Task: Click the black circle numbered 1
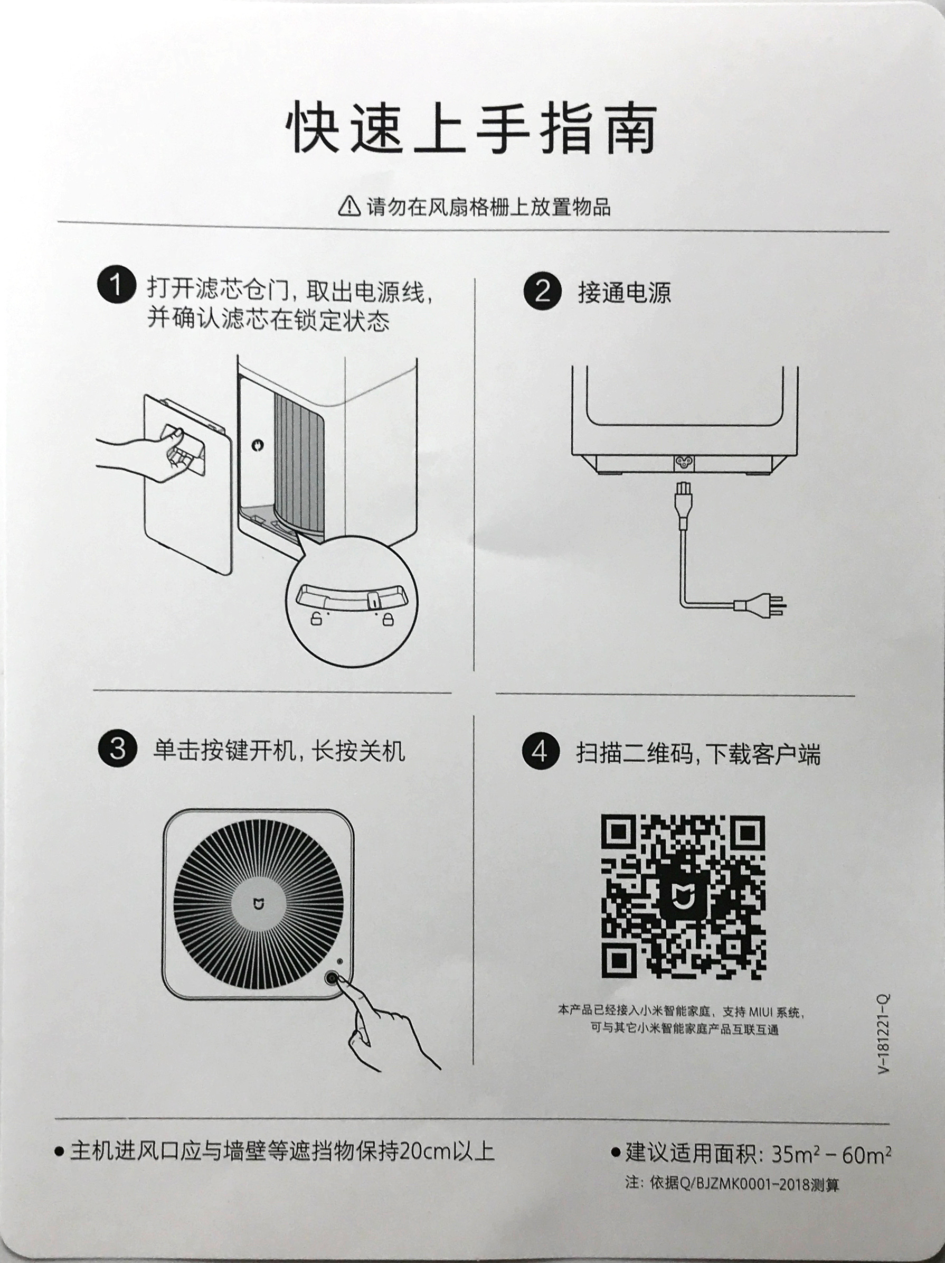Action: pos(116,285)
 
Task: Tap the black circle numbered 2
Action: pos(542,291)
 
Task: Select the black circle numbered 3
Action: pos(117,749)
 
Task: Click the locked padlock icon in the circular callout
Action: pos(386,619)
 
